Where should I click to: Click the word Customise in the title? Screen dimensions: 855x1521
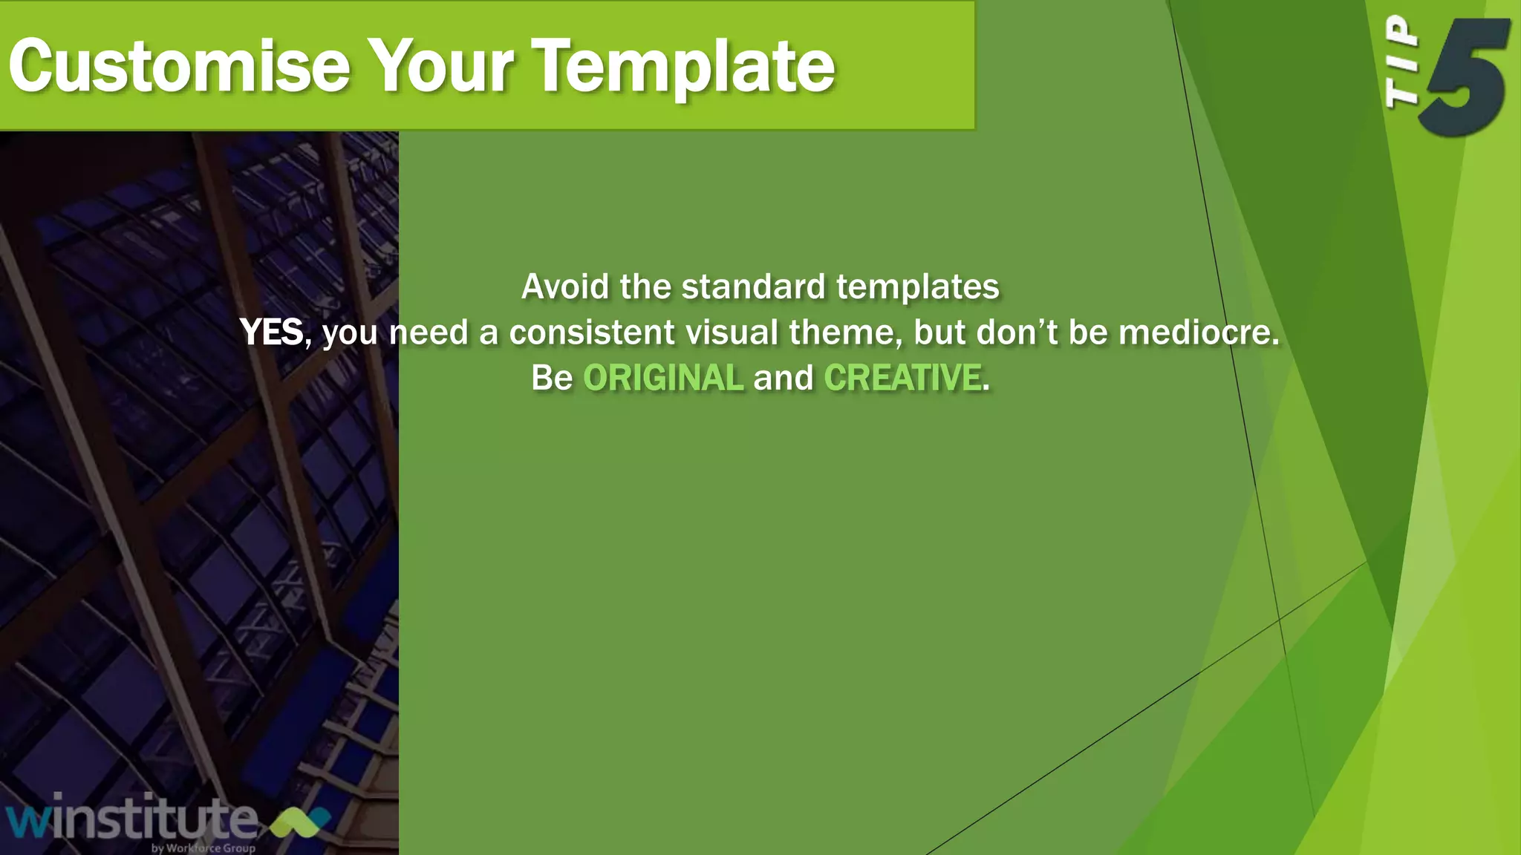coord(179,67)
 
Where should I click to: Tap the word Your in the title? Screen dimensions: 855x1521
coord(440,67)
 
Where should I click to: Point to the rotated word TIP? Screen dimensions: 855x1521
coord(1401,63)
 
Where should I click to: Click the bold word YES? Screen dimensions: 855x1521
coord(272,332)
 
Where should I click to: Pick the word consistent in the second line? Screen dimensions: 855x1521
coord(592,332)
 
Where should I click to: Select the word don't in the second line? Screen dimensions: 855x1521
coord(1017,332)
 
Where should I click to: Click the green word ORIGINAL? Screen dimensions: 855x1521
coord(662,378)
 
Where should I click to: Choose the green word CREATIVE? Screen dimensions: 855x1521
coord(902,378)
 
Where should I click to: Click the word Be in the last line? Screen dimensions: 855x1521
coord(552,378)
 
